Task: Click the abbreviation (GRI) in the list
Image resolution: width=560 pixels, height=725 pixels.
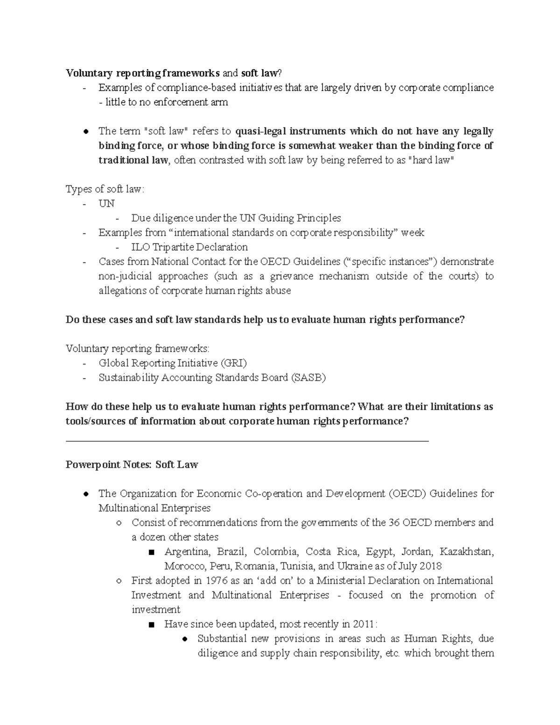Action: pyautogui.click(x=233, y=363)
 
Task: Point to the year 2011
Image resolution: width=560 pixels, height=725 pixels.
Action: pyautogui.click(x=364, y=624)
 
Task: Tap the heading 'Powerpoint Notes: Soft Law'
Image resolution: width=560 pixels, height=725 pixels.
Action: pyautogui.click(x=132, y=465)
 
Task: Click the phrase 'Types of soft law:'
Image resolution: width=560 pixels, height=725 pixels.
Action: pyautogui.click(x=105, y=189)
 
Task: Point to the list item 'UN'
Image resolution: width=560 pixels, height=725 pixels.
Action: pyautogui.click(x=106, y=204)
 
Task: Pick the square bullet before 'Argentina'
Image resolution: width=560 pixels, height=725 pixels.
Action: pyautogui.click(x=150, y=553)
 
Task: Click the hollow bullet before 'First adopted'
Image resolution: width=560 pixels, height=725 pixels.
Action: pyautogui.click(x=119, y=581)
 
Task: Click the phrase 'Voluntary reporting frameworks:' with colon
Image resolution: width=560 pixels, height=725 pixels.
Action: pyautogui.click(x=138, y=349)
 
